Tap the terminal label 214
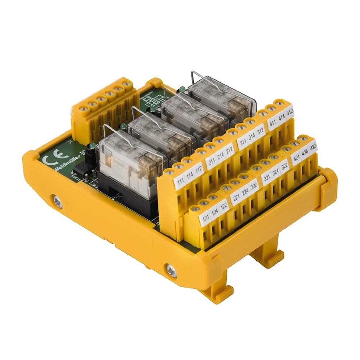coord(220,158)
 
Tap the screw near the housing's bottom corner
coord(171,270)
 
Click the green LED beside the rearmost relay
coord(182,88)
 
